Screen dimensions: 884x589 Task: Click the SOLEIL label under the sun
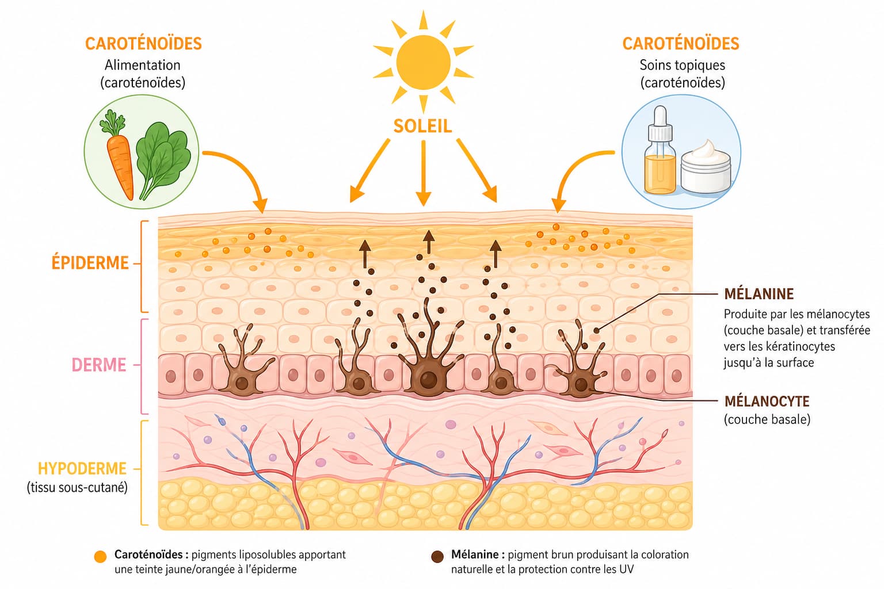tap(422, 126)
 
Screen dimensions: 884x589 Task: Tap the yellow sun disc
tap(423, 62)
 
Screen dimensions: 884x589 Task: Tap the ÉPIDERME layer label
tap(90, 263)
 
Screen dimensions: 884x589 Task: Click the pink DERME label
tap(98, 365)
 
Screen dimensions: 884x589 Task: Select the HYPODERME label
tap(82, 469)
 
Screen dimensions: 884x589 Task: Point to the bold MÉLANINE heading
tap(759, 294)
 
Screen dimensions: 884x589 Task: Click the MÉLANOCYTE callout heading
tap(767, 401)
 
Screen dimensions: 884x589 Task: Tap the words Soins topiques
tap(683, 65)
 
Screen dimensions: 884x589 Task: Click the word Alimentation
tap(143, 65)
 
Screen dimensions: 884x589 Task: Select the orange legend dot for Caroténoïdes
tap(101, 557)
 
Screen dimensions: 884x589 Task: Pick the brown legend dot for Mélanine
tap(437, 557)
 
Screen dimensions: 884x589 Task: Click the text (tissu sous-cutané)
tap(77, 488)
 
